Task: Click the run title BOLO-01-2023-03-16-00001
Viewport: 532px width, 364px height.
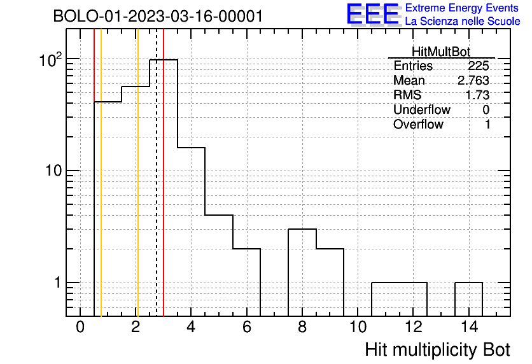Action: pyautogui.click(x=158, y=16)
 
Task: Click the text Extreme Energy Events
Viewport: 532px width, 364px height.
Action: pyautogui.click(x=462, y=8)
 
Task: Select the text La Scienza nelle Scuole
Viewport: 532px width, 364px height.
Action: pyautogui.click(x=463, y=21)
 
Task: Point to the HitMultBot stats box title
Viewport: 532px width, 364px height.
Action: pyautogui.click(x=441, y=52)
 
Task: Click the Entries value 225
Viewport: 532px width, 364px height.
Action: pyautogui.click(x=479, y=66)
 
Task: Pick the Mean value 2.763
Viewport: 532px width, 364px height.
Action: pyautogui.click(x=473, y=80)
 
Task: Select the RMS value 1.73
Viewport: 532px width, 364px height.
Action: pyautogui.click(x=477, y=95)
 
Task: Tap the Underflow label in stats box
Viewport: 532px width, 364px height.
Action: pyautogui.click(x=422, y=109)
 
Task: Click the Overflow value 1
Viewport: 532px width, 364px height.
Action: pyautogui.click(x=487, y=124)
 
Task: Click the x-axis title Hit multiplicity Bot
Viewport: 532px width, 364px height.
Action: pyautogui.click(x=437, y=349)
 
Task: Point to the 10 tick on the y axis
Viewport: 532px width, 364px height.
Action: pyautogui.click(x=53, y=171)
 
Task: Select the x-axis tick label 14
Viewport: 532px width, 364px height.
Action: pyautogui.click(x=469, y=327)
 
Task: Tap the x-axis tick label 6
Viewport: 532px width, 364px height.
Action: pyautogui.click(x=247, y=327)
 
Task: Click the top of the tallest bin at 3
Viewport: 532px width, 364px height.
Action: pyautogui.click(x=164, y=60)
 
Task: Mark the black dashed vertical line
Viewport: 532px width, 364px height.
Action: pyautogui.click(x=157, y=172)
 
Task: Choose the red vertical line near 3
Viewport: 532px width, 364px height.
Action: pyautogui.click(x=164, y=172)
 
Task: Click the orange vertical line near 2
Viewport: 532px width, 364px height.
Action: pyautogui.click(x=137, y=172)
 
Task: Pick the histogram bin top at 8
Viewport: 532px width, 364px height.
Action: pyautogui.click(x=302, y=229)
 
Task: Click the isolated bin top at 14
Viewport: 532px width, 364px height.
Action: pyautogui.click(x=469, y=283)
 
